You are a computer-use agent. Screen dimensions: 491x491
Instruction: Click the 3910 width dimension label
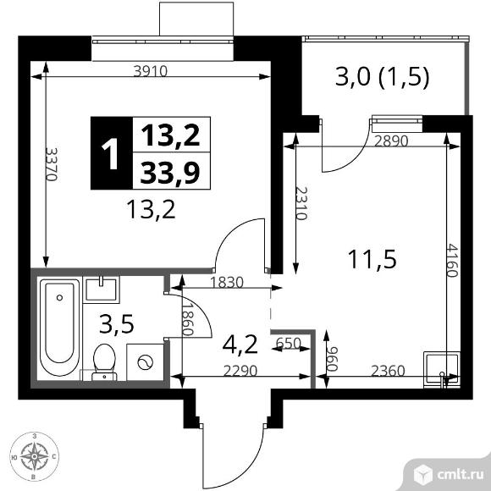click(x=150, y=72)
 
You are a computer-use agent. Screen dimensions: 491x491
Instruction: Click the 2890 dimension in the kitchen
click(x=390, y=141)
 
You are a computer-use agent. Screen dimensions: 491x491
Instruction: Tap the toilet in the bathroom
click(x=102, y=359)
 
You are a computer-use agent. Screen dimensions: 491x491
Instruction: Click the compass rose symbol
click(x=33, y=458)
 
